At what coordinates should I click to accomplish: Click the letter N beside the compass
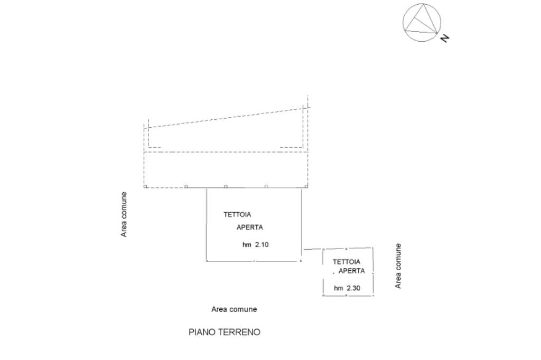point(445,37)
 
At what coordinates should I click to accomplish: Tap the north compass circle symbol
point(422,22)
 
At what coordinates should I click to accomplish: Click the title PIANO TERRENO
point(225,333)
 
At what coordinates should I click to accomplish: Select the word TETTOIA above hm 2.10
point(237,215)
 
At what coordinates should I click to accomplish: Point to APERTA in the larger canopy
point(249,228)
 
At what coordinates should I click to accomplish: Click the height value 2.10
point(262,245)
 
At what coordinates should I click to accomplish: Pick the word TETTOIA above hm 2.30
point(347,262)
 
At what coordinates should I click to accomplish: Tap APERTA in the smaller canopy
point(351,271)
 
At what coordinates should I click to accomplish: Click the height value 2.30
point(354,288)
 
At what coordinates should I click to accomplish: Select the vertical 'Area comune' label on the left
point(124,214)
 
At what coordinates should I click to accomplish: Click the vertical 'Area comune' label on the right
point(398,266)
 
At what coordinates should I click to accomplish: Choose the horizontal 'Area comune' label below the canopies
point(234,309)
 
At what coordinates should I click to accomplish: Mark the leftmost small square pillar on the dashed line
point(145,186)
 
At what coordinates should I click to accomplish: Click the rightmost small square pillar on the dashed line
point(306,186)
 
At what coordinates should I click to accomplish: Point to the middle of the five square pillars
point(226,186)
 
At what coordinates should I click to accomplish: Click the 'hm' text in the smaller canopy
point(339,288)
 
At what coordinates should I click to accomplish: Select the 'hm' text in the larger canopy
point(247,245)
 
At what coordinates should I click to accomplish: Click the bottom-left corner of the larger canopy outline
point(206,260)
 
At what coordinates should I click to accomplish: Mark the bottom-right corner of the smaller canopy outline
point(373,296)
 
